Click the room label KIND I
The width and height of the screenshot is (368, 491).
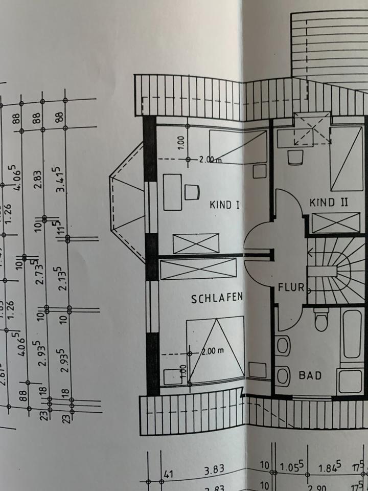(x=225, y=205)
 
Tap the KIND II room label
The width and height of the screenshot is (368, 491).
(x=329, y=203)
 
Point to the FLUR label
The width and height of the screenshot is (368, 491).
(x=291, y=287)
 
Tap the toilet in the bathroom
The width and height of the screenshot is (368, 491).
(x=321, y=319)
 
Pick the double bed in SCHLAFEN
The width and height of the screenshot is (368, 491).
(x=215, y=350)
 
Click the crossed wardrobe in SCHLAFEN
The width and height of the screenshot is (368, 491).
(x=198, y=269)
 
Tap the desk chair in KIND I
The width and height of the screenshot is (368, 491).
(x=191, y=192)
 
